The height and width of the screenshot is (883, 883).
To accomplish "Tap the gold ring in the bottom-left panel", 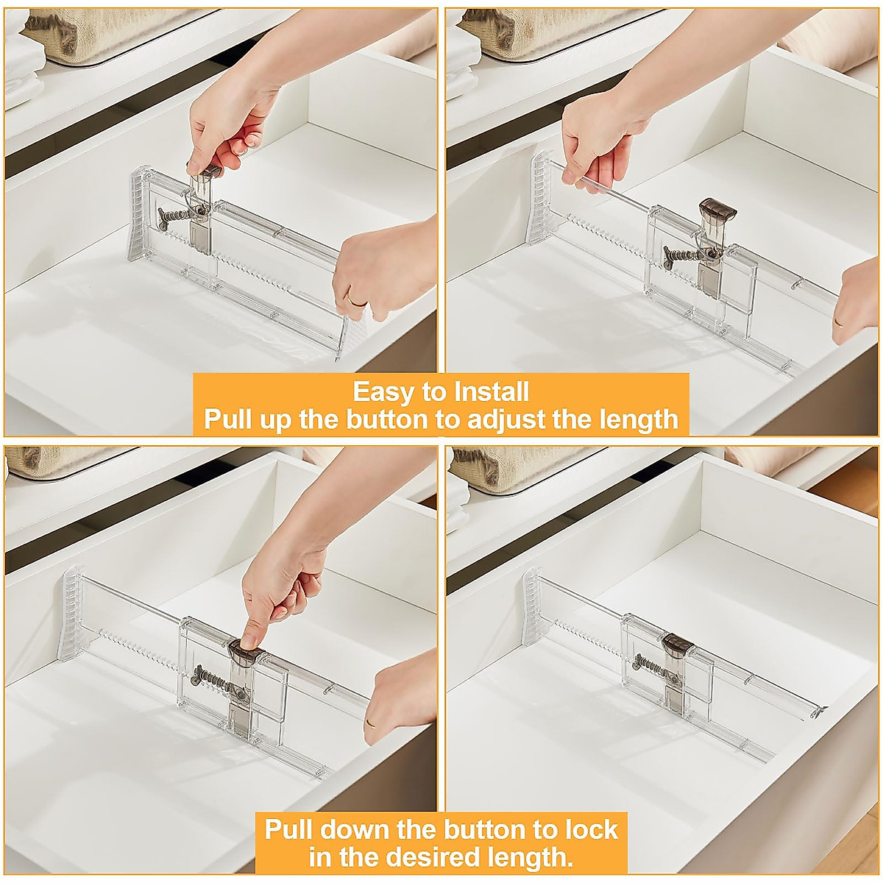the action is [x=371, y=723].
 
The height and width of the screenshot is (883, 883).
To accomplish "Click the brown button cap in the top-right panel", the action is [x=717, y=208].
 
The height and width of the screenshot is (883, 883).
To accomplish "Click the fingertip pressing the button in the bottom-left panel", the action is [x=249, y=642].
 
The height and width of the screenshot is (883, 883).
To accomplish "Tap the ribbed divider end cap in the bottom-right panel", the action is [x=531, y=606].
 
